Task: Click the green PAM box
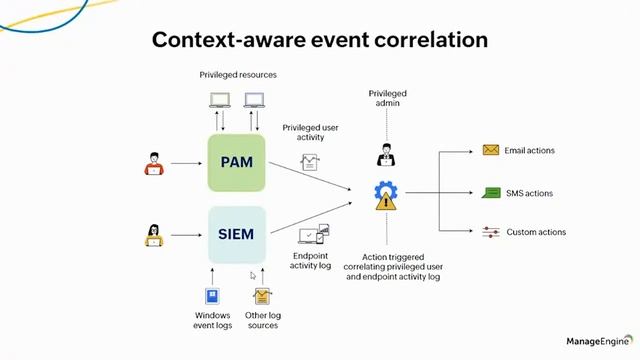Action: pyautogui.click(x=237, y=161)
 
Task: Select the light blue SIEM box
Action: pyautogui.click(x=237, y=234)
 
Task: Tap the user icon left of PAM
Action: pyautogui.click(x=153, y=163)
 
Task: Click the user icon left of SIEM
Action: pyautogui.click(x=154, y=235)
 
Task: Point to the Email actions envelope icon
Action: pyautogui.click(x=491, y=151)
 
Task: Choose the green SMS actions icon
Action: pyautogui.click(x=491, y=193)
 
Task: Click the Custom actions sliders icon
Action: pyautogui.click(x=491, y=232)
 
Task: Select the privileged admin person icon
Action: pyautogui.click(x=386, y=154)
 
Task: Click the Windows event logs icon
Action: pyautogui.click(x=213, y=296)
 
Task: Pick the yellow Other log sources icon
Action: pyautogui.click(x=262, y=296)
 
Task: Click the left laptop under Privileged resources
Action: pyautogui.click(x=219, y=99)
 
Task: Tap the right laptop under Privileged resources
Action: pyautogui.click(x=254, y=99)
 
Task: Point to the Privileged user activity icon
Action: pyautogui.click(x=310, y=161)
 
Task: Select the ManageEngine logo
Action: pyautogui.click(x=597, y=342)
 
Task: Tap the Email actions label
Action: pyautogui.click(x=530, y=151)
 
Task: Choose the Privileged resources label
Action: pyautogui.click(x=238, y=75)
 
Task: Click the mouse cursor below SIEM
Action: pyautogui.click(x=253, y=274)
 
